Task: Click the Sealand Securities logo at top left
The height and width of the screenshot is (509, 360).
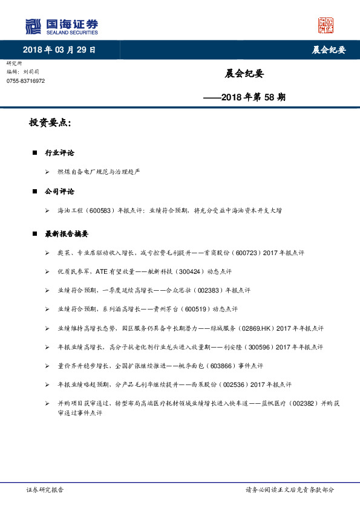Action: pos(61,26)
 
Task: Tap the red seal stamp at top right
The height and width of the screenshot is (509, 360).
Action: pos(326,25)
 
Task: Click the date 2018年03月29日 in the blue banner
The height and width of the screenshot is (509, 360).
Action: pos(59,50)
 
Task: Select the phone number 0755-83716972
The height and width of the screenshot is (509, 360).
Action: pos(25,81)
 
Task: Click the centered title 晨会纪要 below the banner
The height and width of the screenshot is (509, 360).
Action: pos(244,74)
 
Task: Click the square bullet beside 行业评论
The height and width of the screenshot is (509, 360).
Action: pos(36,154)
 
